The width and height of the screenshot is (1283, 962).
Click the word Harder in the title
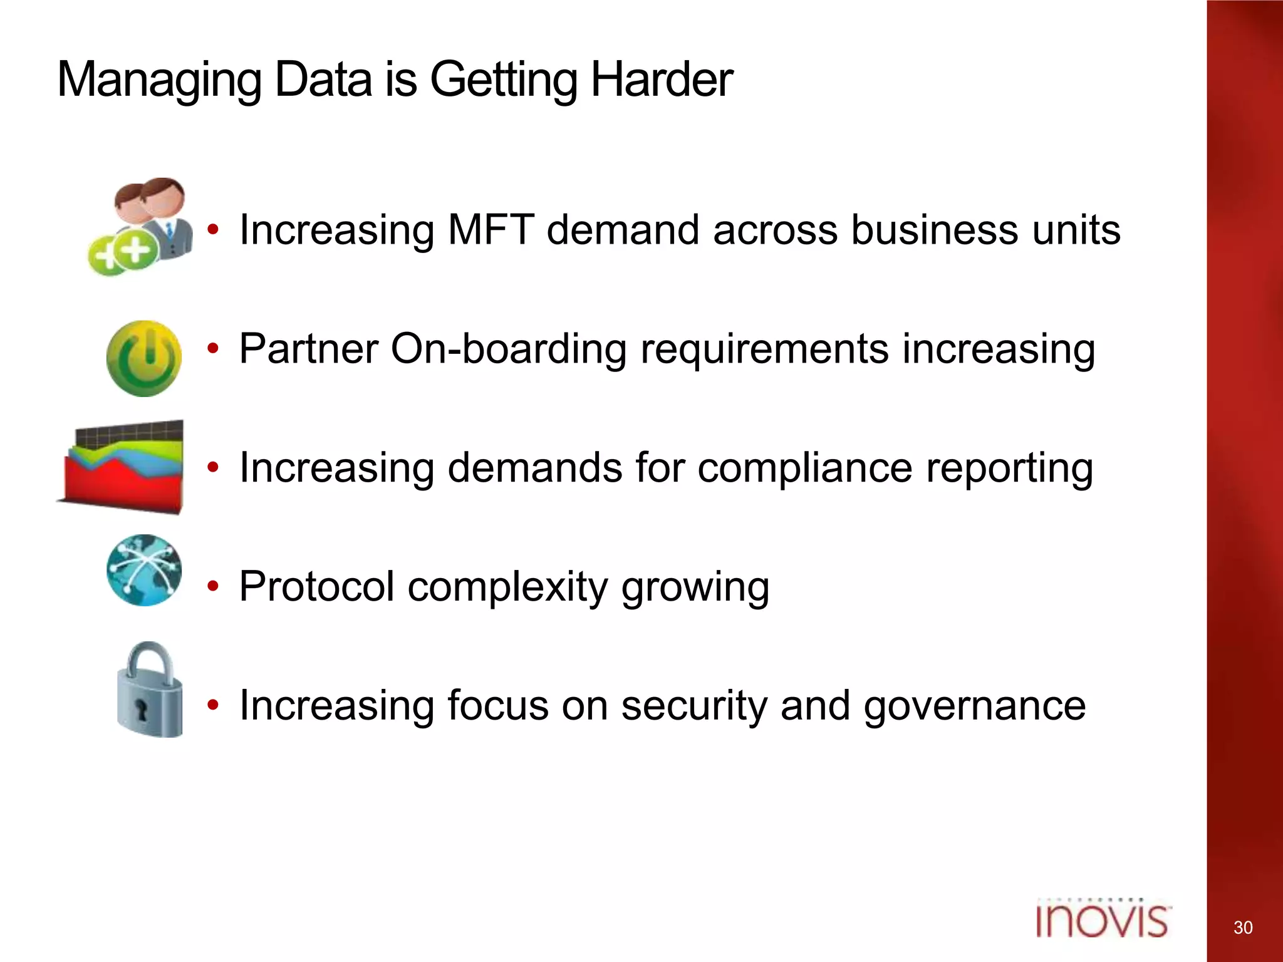(661, 80)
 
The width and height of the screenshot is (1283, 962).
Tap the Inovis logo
(1102, 919)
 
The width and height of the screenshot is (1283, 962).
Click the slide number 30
(1243, 928)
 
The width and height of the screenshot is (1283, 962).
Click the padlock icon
(150, 691)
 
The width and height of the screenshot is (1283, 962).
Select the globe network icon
(144, 570)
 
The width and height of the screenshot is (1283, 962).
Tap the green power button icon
(144, 358)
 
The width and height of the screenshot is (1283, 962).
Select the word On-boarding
(508, 349)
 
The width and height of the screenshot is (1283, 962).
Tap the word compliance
(804, 468)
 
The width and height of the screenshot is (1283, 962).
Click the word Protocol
(316, 587)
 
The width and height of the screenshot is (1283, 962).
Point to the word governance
(974, 706)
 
